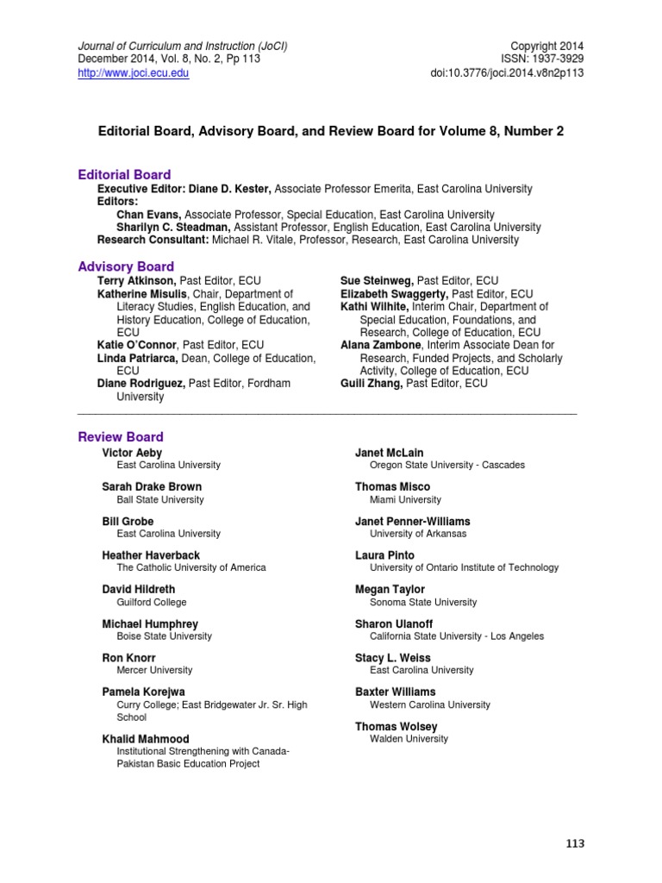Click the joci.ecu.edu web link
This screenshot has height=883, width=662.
click(x=133, y=73)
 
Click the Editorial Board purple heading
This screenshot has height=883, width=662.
click(x=124, y=174)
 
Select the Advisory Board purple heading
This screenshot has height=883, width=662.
click(x=126, y=266)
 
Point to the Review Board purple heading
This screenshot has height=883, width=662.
click(x=121, y=436)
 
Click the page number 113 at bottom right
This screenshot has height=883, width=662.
click(x=574, y=843)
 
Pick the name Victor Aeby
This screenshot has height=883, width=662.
click(x=132, y=453)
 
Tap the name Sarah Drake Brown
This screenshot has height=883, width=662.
click(x=153, y=487)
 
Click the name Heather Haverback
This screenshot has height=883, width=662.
click(x=151, y=555)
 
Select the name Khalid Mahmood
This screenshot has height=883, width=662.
click(x=146, y=739)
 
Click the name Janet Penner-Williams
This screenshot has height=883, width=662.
click(x=413, y=522)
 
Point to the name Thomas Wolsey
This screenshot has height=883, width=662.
click(x=397, y=727)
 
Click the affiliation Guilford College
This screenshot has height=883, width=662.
click(x=152, y=603)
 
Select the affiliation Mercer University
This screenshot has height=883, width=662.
click(x=154, y=670)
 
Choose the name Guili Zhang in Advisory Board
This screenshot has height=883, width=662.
click(x=372, y=384)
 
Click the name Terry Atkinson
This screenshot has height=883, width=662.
click(x=137, y=281)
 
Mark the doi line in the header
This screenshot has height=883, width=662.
click(x=508, y=73)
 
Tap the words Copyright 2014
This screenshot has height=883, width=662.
click(x=547, y=44)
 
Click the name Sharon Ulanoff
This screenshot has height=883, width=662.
click(x=394, y=623)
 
